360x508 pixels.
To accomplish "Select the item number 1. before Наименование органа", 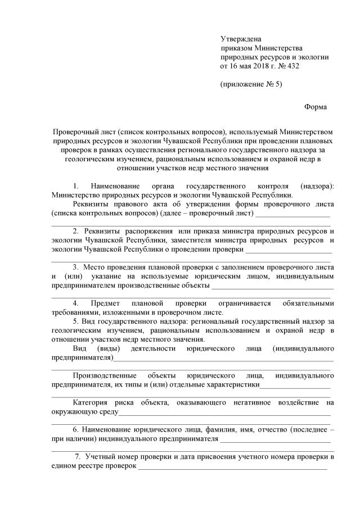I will tap(76, 186).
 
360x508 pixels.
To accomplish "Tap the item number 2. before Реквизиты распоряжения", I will tap(76, 232).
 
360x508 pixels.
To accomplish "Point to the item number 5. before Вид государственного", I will tap(76, 321).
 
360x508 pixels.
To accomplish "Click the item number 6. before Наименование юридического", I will tap(76, 429).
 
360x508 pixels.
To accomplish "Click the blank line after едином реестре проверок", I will tap(232, 466).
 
